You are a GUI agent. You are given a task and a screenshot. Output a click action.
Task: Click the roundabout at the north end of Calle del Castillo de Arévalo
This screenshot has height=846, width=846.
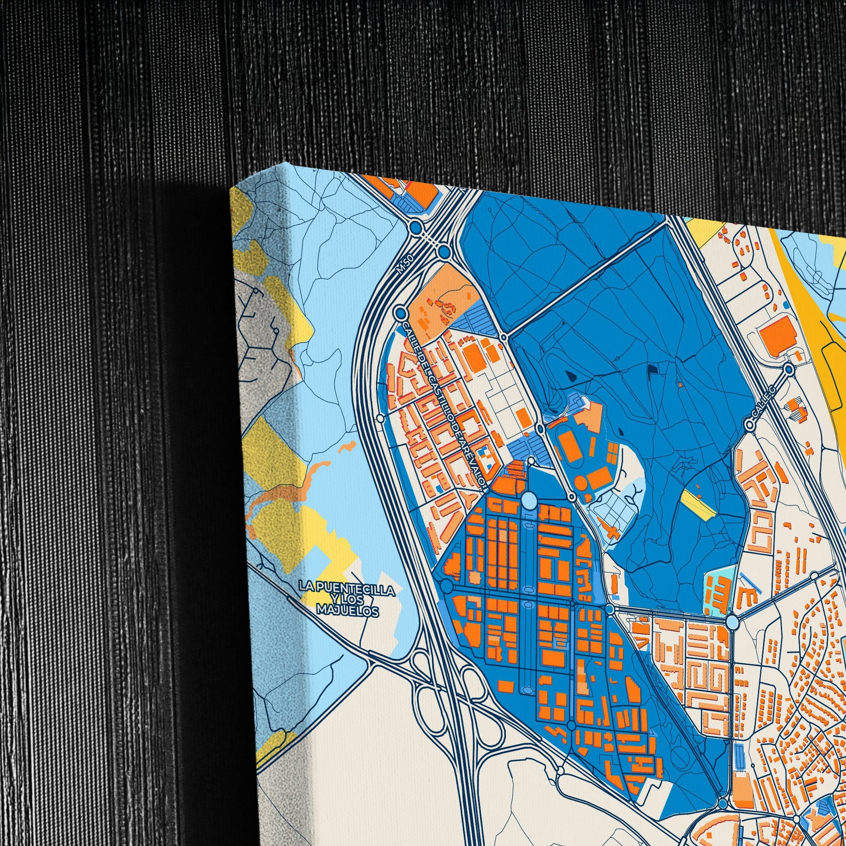tap(400, 313)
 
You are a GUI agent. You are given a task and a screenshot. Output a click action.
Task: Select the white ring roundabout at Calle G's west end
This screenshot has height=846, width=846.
tap(750, 425)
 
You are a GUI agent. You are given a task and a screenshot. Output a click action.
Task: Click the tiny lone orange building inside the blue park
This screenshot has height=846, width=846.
tap(679, 385)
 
